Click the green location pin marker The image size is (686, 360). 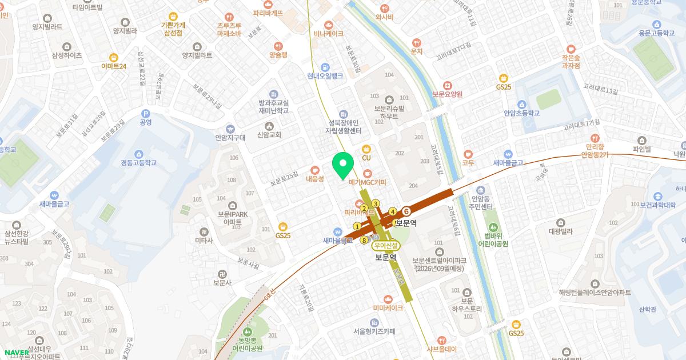point(342,166)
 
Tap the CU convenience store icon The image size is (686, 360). point(366,149)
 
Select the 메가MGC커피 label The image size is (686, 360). point(368,182)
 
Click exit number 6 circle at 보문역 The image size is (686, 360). point(407,211)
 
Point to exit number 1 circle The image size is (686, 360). point(357,226)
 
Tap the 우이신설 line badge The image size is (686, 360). point(386,246)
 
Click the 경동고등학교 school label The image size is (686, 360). point(138,163)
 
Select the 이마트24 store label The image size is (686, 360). point(114,66)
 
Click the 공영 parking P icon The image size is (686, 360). point(145,113)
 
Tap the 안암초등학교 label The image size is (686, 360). point(521,113)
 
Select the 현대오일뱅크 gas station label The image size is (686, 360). point(325,76)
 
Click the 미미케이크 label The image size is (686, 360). point(388,308)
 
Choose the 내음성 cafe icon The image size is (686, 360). point(314,170)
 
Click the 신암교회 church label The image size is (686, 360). point(269,135)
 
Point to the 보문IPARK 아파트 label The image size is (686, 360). point(232,218)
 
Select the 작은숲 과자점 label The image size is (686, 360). point(571,61)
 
